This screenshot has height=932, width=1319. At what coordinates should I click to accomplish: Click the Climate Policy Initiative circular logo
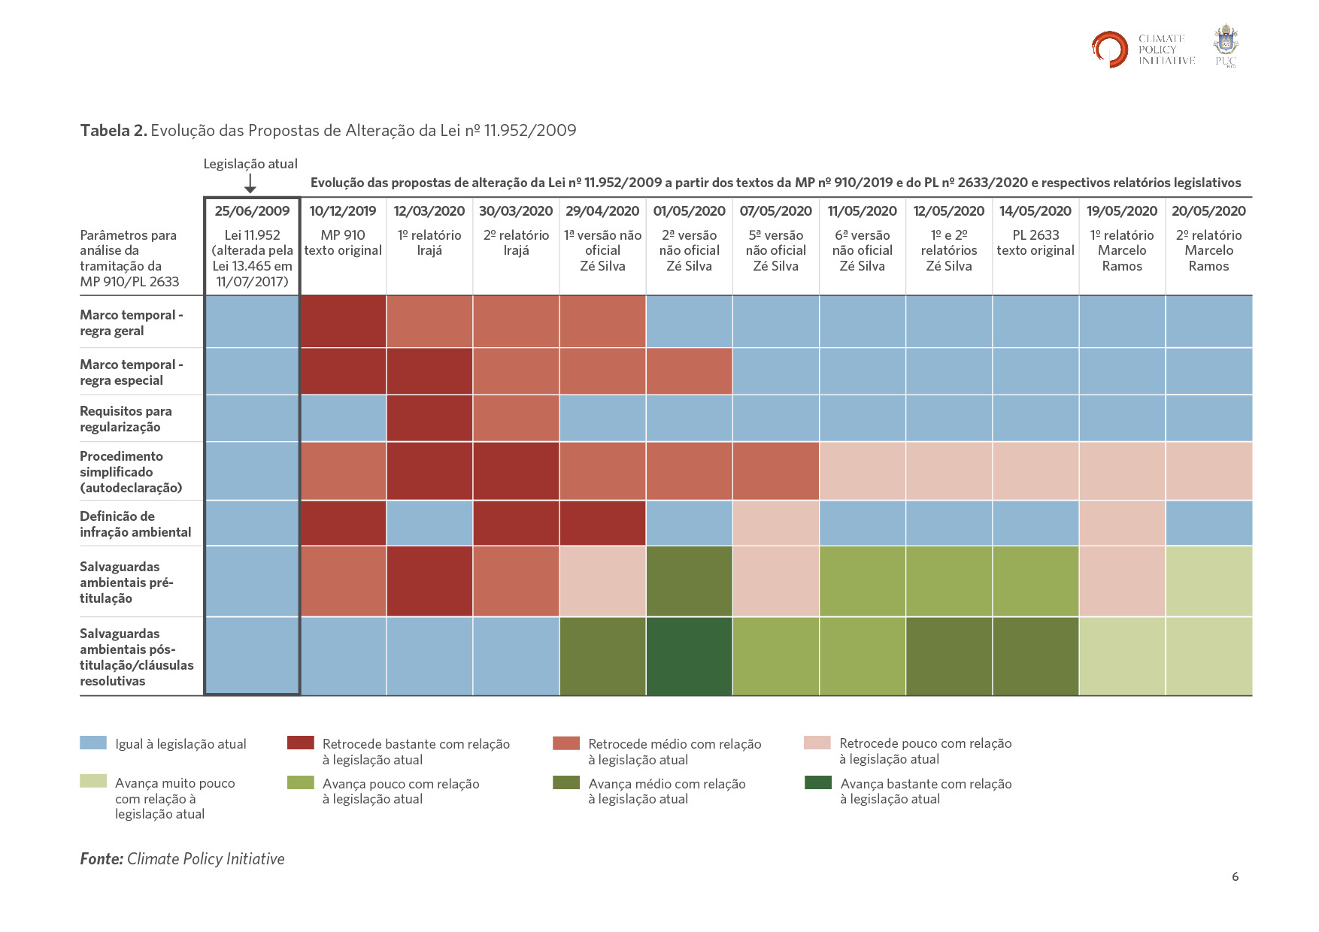click(x=1110, y=49)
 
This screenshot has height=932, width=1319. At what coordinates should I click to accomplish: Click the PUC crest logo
click(x=1226, y=45)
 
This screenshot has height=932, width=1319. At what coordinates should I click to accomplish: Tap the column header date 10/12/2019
click(x=343, y=211)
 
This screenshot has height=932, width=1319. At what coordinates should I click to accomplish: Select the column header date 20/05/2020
click(x=1208, y=211)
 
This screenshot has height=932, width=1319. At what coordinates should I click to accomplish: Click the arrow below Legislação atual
click(x=250, y=183)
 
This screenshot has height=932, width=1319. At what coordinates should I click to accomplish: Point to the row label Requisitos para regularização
click(x=126, y=419)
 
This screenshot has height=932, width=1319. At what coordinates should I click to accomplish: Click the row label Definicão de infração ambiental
click(x=135, y=524)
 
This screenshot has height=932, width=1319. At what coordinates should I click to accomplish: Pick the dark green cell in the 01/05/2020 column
click(x=689, y=656)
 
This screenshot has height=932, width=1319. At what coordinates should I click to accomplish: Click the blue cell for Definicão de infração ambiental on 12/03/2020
click(x=429, y=523)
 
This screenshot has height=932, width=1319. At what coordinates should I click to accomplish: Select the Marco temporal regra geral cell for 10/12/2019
click(x=343, y=322)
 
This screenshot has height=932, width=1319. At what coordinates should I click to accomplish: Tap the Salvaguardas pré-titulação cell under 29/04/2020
click(x=602, y=581)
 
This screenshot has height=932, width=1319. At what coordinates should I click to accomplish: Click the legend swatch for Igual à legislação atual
click(x=93, y=743)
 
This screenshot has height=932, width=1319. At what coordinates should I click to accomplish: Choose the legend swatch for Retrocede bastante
click(x=301, y=743)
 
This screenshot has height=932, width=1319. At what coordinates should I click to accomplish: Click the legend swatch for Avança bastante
click(x=817, y=782)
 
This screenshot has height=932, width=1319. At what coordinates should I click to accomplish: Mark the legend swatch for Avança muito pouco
click(x=93, y=782)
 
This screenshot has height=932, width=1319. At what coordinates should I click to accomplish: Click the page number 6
click(x=1235, y=876)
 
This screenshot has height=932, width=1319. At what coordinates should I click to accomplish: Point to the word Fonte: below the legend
click(x=102, y=859)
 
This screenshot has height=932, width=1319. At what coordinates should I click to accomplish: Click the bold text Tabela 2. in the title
click(x=114, y=131)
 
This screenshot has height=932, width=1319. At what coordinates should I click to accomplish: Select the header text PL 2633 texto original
click(x=1035, y=243)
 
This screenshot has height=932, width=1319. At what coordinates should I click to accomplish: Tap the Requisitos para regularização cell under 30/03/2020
click(x=516, y=418)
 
